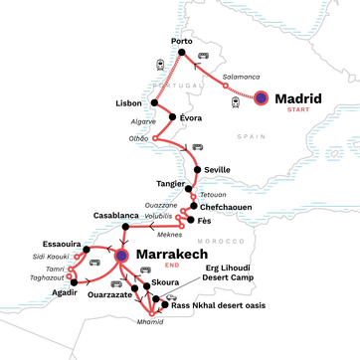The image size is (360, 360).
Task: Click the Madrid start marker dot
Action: coord(262,97)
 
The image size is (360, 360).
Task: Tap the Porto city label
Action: coord(181,41)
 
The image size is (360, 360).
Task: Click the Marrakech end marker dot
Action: coord(121,255)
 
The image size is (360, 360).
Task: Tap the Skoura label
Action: coord(167,283)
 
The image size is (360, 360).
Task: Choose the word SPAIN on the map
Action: coord(247,132)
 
